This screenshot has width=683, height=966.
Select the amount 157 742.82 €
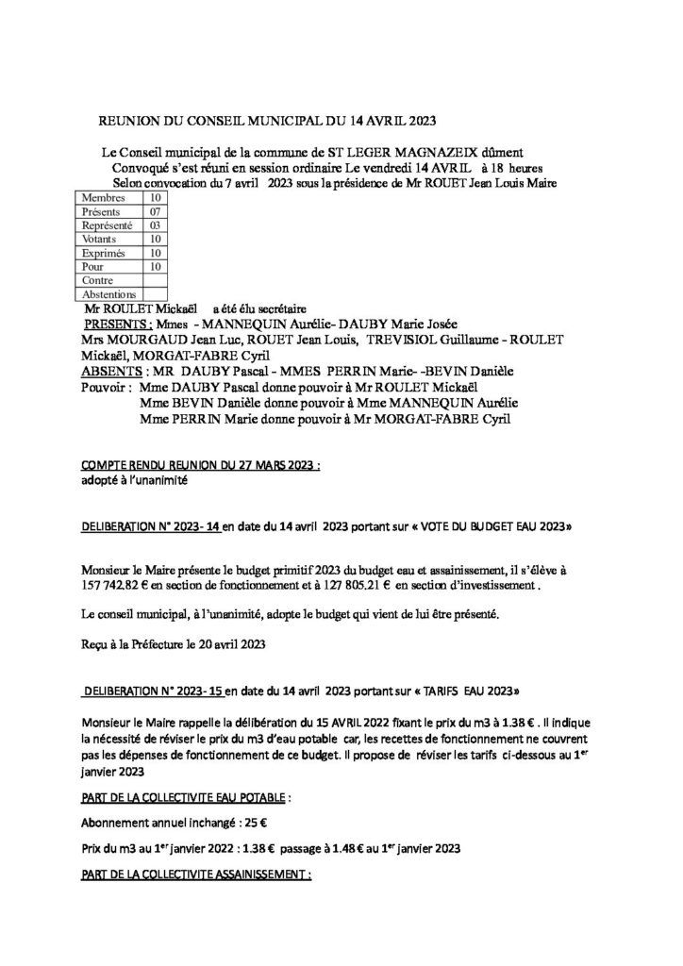[x=121, y=585]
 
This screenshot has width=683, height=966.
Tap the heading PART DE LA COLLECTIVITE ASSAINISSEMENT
[x=196, y=874]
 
